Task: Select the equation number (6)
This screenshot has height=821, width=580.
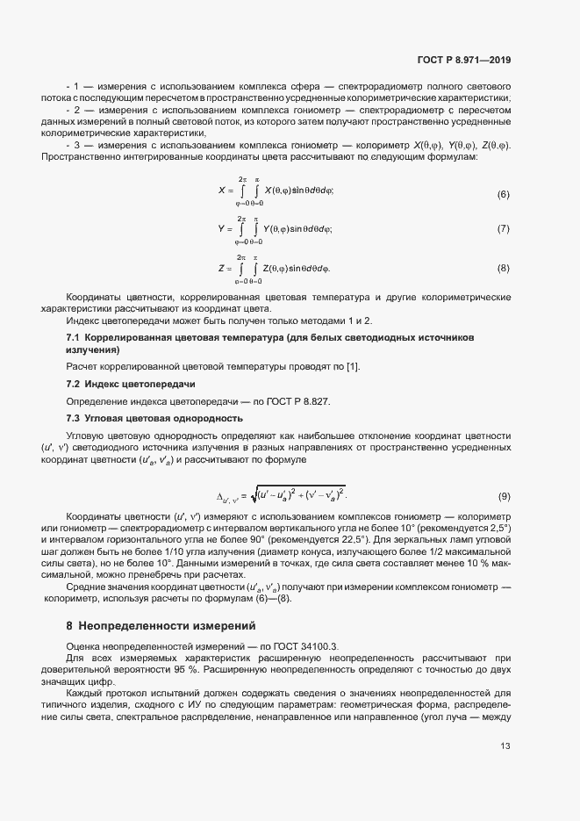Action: click(x=503, y=193)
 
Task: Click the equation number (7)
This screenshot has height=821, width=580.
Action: click(x=503, y=230)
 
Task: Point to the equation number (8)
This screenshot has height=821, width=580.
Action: click(x=503, y=267)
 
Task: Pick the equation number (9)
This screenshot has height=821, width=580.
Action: click(x=503, y=496)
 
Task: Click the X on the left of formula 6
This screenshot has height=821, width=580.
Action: click(x=221, y=191)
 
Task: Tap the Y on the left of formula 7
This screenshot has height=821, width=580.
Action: click(x=221, y=228)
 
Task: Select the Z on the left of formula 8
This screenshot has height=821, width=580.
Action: click(x=221, y=266)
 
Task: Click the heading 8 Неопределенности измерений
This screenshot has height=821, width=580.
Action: click(x=161, y=626)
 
